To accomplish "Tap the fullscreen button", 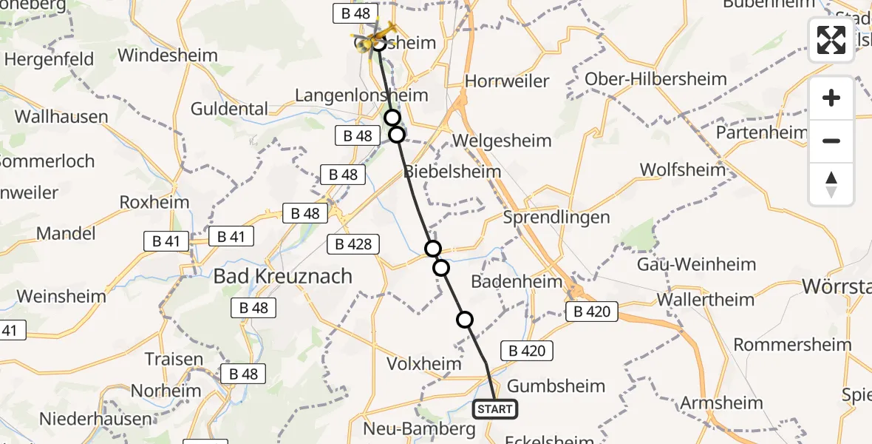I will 831,39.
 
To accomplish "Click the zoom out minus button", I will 831,141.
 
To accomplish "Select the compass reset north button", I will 831,184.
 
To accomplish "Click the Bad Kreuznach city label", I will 283,277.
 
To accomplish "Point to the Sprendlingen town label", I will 556,218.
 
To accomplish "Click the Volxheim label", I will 423,363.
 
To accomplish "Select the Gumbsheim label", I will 556,386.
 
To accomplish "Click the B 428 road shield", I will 352,244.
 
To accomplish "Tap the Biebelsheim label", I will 452,172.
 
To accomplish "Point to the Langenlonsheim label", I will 361,95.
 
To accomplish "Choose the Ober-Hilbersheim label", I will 655,79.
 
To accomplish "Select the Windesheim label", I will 168,55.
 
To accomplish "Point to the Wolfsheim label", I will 683,169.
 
